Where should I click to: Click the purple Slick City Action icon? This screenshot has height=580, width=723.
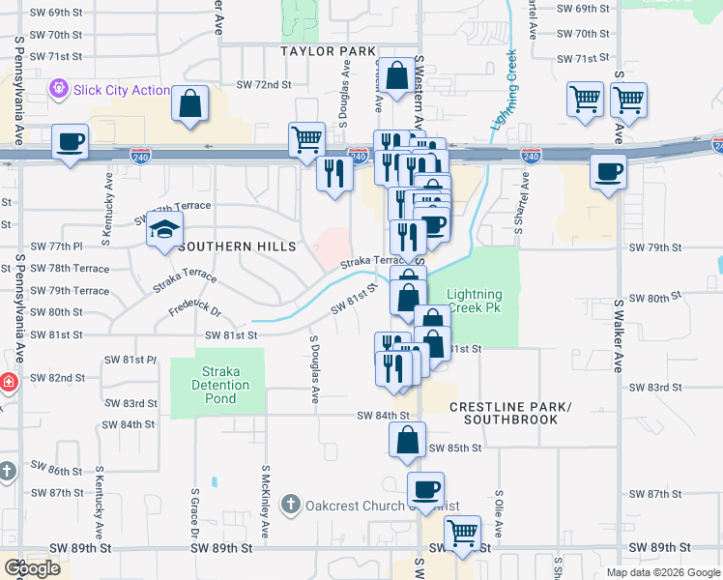60,90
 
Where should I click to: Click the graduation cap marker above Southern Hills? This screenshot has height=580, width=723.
164,231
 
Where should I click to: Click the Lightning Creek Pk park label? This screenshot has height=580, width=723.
475,301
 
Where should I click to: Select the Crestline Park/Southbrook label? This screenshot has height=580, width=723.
510,412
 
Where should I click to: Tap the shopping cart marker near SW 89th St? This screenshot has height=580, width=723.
463,533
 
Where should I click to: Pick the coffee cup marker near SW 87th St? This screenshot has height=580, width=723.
425,489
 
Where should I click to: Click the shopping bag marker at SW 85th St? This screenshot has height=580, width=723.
407,440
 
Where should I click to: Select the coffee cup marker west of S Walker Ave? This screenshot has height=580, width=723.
608,172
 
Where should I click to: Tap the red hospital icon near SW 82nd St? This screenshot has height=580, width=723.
7,382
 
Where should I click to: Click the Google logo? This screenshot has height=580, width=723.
32,567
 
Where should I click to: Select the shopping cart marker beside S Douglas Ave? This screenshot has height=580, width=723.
306,139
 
